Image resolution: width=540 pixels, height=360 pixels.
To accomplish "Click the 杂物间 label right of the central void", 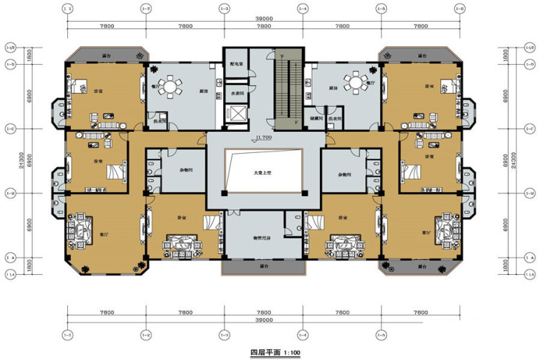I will pos(344,175).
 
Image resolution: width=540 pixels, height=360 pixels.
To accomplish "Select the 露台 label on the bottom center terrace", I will pos(262,265).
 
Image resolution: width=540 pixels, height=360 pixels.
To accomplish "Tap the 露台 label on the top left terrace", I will pos(106,55).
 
